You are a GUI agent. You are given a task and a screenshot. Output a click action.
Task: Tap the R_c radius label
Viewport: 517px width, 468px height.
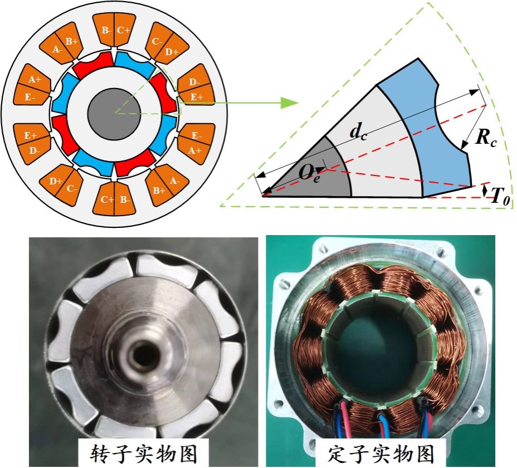(x=486, y=137)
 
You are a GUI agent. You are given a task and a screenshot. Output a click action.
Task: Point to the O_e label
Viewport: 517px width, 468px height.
(x=309, y=173)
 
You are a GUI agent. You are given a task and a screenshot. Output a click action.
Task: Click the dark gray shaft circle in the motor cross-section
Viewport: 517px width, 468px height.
(x=114, y=114)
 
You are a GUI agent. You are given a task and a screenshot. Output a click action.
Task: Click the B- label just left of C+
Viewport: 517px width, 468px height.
(x=106, y=31)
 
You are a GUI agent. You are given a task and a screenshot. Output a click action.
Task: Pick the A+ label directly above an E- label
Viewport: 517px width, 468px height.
(x=35, y=80)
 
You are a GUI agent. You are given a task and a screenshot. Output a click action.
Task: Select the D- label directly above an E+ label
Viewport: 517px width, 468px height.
(x=194, y=82)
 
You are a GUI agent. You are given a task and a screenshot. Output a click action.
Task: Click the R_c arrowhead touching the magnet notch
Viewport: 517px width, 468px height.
(x=464, y=147)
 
